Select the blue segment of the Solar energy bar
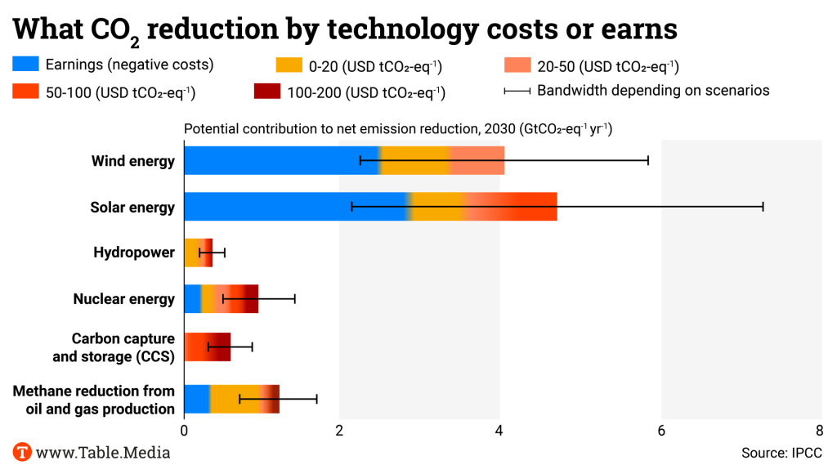click(294, 207)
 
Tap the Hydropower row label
click(134, 253)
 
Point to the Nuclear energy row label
click(124, 299)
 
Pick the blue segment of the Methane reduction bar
click(197, 399)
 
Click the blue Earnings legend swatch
click(25, 65)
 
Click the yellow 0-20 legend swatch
click(291, 65)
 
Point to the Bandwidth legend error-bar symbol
click(517, 91)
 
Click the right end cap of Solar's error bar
click(763, 207)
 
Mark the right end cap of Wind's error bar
click(648, 161)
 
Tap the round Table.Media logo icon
click(22, 452)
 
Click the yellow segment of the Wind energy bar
click(415, 161)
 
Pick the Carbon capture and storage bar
click(208, 347)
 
